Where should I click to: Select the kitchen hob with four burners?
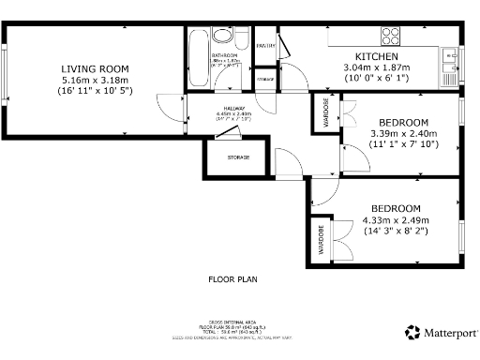pos(390,37)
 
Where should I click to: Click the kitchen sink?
pos(449,59)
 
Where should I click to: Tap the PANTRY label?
pos(265,45)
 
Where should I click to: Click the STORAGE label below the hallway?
pos(238,157)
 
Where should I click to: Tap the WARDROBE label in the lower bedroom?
pos(320,240)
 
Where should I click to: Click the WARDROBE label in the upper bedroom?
pos(326,112)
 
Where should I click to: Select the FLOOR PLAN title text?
pos(232,278)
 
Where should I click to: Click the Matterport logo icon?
pos(412,332)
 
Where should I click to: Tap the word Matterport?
pos(450,332)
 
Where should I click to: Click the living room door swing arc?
pos(167,106)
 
